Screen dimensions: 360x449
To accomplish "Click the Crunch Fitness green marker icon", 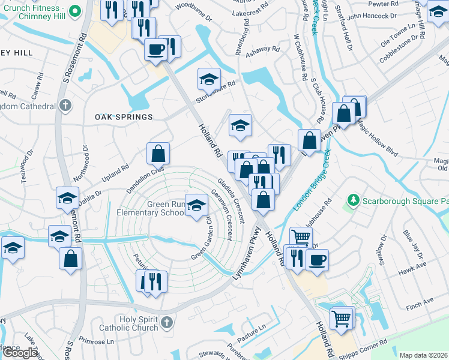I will point(75,11).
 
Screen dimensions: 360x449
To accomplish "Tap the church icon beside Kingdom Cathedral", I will point(66,106).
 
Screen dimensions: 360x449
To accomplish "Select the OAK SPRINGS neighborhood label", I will point(124,116).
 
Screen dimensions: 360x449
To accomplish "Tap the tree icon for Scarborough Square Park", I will point(354,199).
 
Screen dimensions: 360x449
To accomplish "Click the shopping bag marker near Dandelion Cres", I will point(158,154).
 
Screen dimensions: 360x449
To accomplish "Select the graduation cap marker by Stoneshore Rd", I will point(209,79).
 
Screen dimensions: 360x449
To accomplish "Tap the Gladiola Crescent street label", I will point(231,200).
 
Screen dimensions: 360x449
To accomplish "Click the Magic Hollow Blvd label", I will point(377,139).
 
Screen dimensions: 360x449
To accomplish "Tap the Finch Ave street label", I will point(420,301).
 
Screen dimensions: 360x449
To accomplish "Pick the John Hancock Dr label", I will point(372,16).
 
